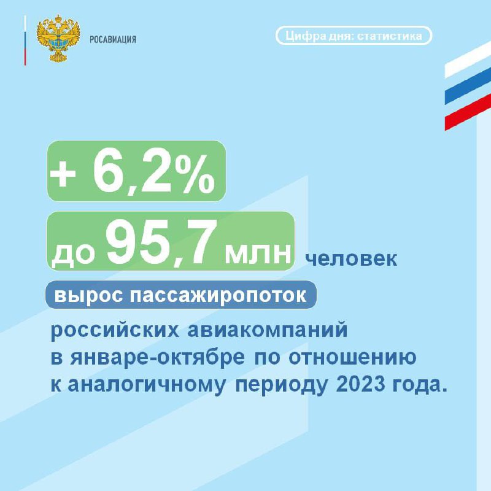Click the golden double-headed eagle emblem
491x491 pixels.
(x=58, y=38)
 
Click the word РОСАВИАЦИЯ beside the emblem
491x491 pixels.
(x=113, y=39)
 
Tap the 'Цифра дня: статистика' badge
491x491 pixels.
(x=354, y=36)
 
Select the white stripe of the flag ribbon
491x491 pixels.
(x=468, y=60)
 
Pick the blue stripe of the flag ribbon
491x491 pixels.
(x=468, y=86)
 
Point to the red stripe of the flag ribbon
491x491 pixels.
(x=468, y=112)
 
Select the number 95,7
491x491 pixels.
(x=161, y=243)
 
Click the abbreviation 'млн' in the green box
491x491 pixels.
(x=258, y=253)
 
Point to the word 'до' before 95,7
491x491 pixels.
(x=73, y=255)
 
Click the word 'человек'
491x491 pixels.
(x=351, y=259)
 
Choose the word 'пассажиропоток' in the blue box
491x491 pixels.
(x=218, y=295)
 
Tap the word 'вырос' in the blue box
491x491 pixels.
(x=88, y=295)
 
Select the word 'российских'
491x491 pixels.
(x=115, y=330)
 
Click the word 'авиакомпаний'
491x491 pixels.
(x=268, y=330)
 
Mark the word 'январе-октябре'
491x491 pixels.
(x=158, y=358)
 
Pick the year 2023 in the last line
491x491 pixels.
(x=360, y=384)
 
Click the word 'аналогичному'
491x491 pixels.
(x=147, y=385)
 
